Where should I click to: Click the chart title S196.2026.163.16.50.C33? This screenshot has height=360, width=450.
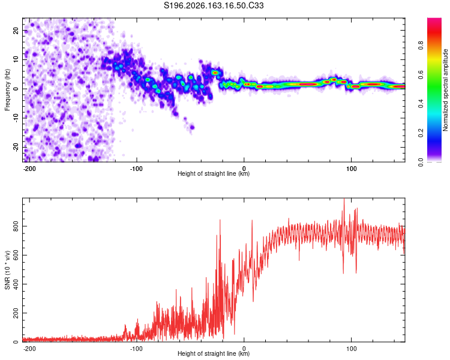214,5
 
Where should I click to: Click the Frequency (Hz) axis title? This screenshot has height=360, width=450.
7,90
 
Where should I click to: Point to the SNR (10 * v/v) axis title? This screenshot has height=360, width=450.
7,270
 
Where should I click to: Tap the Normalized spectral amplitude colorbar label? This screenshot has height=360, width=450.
445,90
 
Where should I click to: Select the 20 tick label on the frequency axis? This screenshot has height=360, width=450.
16,31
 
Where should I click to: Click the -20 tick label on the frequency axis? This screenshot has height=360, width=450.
16,148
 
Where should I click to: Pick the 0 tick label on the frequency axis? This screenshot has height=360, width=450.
16,89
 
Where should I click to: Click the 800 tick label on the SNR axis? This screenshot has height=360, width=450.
16,226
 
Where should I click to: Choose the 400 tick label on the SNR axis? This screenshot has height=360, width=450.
16,284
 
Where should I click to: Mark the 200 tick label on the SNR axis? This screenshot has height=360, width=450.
16,313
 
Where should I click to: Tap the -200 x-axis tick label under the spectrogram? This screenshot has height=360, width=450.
29,169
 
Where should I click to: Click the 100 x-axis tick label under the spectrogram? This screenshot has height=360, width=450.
351,169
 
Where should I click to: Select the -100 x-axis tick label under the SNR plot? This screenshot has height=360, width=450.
136,349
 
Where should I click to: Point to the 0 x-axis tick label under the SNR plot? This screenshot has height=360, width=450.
244,349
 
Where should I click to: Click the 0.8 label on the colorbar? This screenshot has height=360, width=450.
421,45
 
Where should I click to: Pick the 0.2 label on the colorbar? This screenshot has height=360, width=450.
421,133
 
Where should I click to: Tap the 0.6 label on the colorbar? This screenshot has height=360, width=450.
421,74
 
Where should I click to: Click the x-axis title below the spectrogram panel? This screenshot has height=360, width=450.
214,173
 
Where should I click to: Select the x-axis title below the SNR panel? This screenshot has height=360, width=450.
214,353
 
